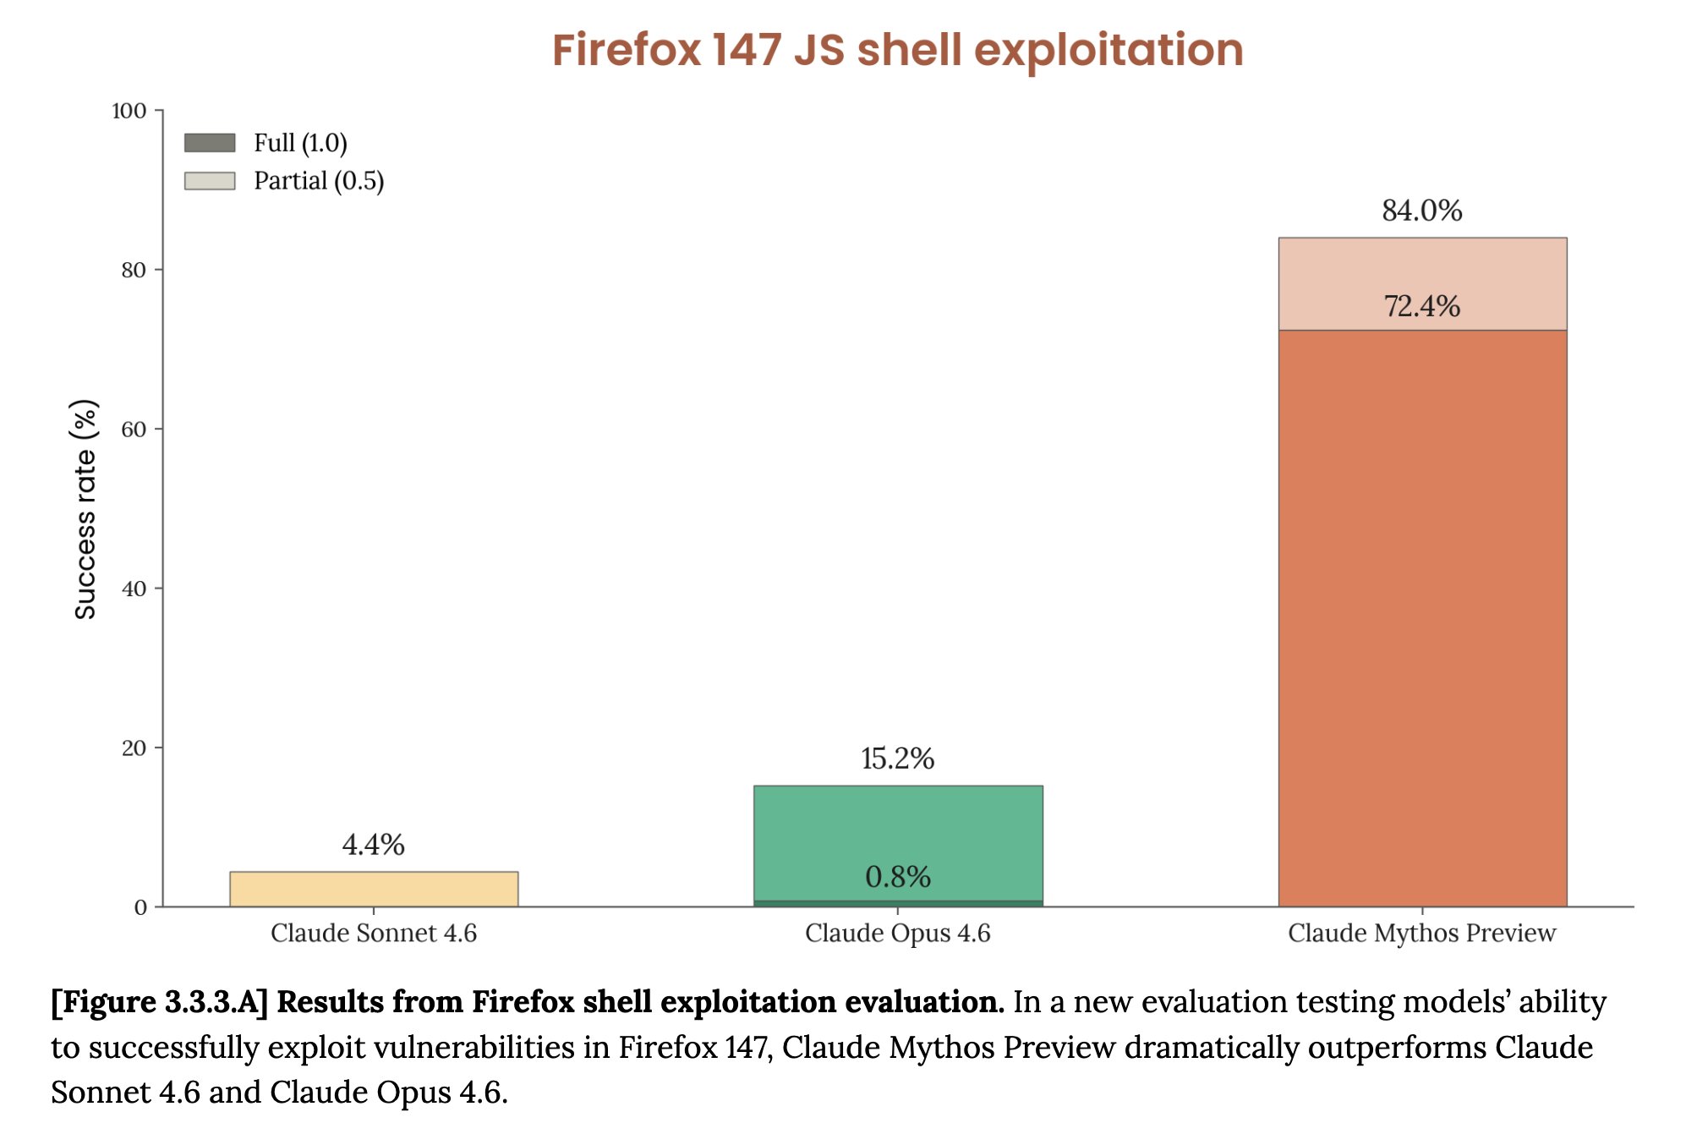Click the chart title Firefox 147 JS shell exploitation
click(x=897, y=50)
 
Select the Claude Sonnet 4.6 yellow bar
click(x=374, y=889)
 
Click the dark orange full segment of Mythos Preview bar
click(x=1422, y=617)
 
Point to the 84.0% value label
click(x=1422, y=211)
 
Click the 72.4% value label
click(x=1422, y=306)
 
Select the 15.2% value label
click(x=898, y=759)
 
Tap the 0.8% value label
click(x=898, y=877)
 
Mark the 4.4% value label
click(x=374, y=844)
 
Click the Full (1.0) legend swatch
click(x=210, y=143)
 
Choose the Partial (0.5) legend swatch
click(x=210, y=181)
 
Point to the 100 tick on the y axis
click(x=129, y=111)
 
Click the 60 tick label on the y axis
click(x=134, y=429)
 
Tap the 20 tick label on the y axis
click(x=134, y=748)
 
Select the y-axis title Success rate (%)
click(x=85, y=509)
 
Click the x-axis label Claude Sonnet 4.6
click(x=374, y=933)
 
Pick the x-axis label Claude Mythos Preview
click(x=1422, y=933)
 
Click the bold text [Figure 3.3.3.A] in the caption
click(x=159, y=1002)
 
